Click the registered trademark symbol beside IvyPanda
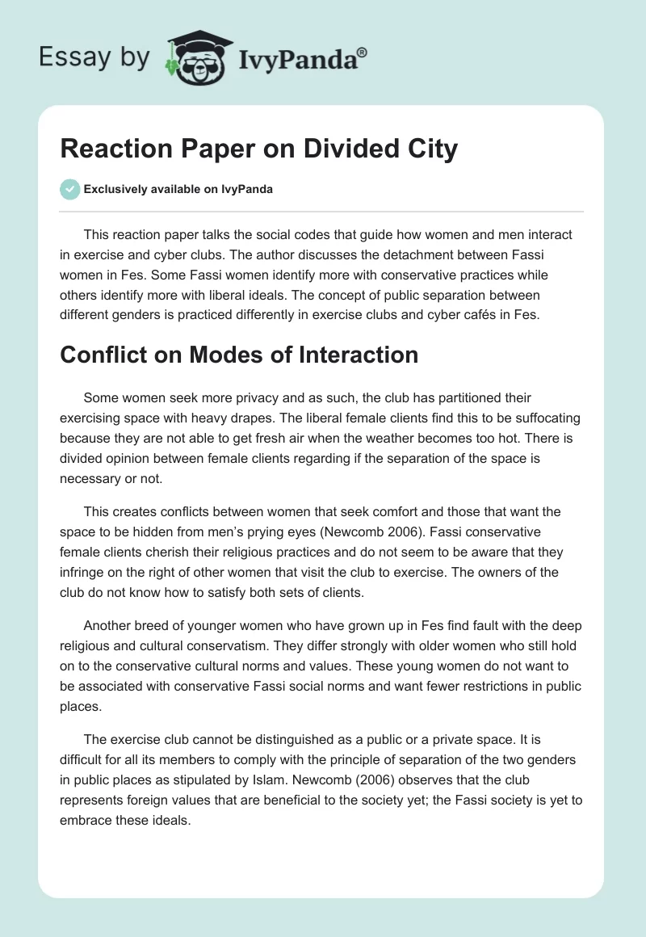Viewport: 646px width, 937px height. click(363, 51)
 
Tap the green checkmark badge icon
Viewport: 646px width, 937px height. click(69, 189)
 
